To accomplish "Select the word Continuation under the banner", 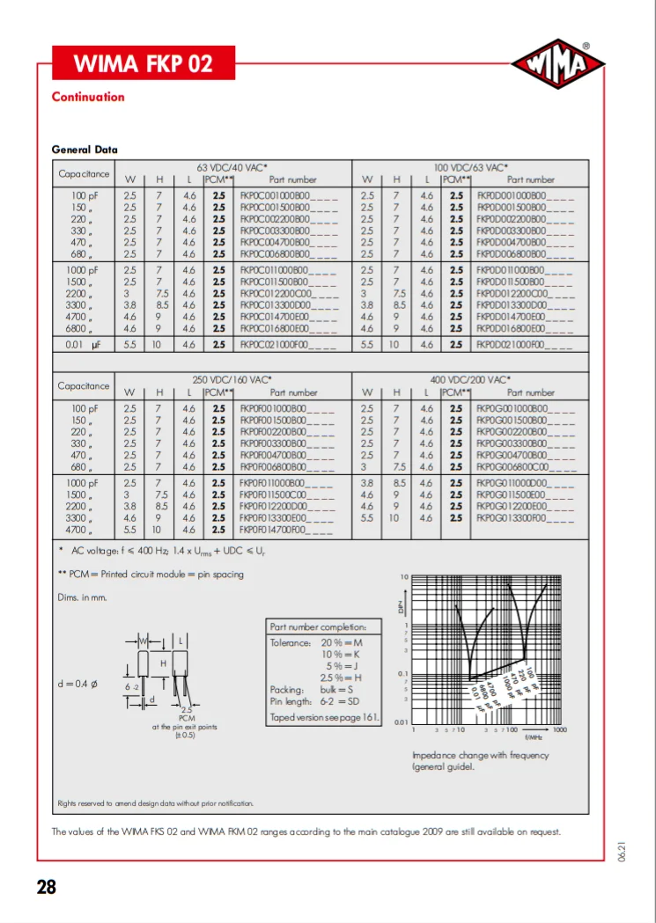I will point(88,97).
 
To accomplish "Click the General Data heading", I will point(85,150).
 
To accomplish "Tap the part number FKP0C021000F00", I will point(288,346).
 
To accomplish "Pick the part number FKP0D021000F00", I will point(524,346).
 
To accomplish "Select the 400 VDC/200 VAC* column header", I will point(471,379).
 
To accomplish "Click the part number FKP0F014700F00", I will point(286,531).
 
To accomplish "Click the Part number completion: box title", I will point(324,626).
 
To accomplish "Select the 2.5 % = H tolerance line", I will point(342,678).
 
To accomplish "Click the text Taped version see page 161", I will point(324,717).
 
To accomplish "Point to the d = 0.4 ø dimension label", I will point(77,684).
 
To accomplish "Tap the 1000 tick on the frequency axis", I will point(559,729).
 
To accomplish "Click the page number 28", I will point(46,887).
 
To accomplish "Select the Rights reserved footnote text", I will point(155,802).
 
